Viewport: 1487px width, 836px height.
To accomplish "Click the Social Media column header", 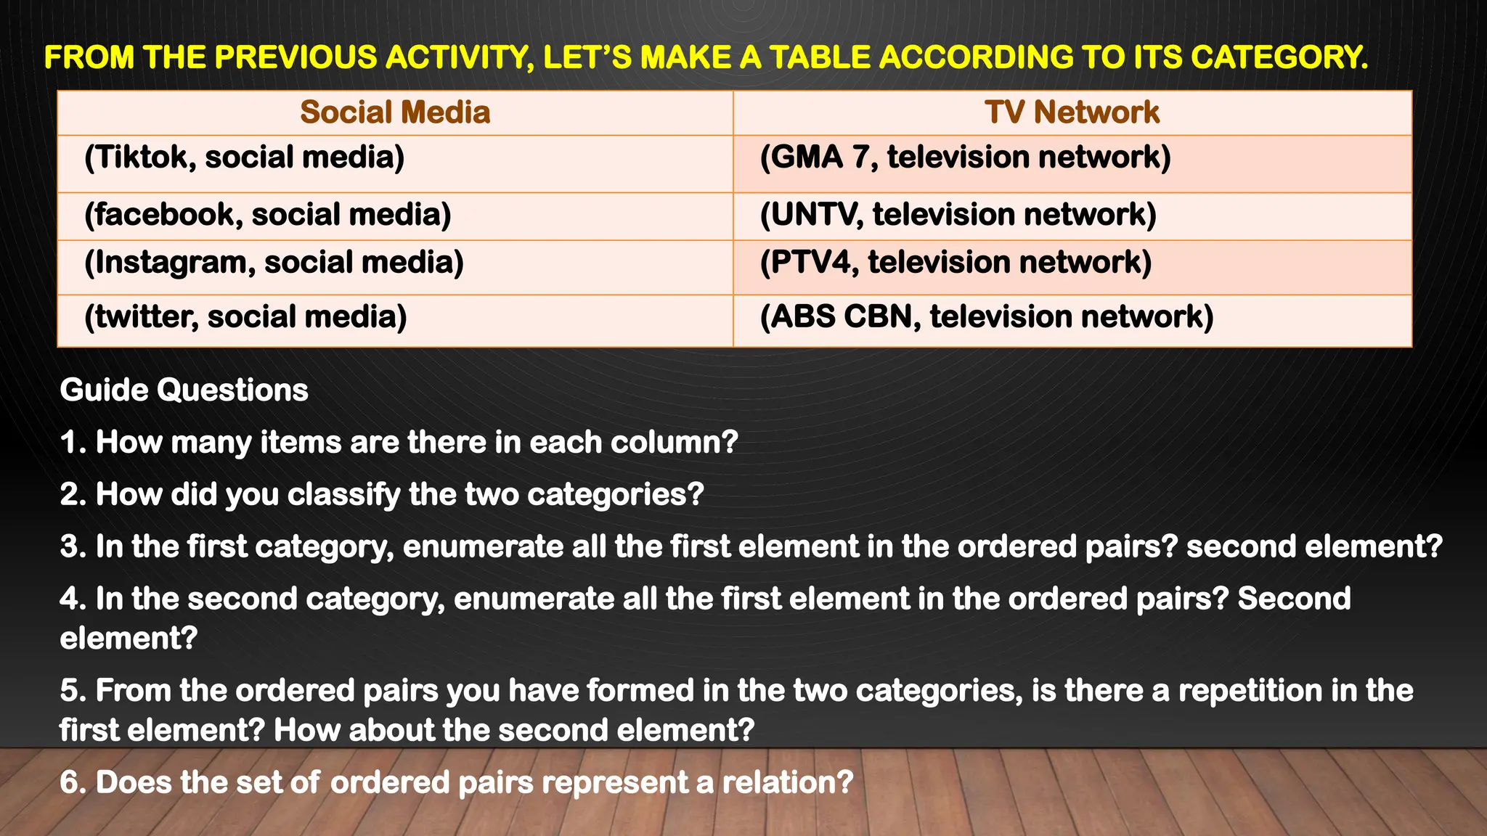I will tap(395, 112).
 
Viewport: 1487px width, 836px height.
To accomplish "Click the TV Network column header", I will tap(1072, 112).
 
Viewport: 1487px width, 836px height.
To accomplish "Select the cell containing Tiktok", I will tap(244, 157).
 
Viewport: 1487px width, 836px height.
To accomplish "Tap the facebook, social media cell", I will tap(267, 215).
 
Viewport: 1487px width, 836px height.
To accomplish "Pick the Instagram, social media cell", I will tap(274, 263).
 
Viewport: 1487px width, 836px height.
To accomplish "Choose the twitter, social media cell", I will tap(245, 317).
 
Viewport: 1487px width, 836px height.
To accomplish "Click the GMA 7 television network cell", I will tap(965, 157).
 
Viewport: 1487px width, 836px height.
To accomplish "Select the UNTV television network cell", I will tap(958, 215).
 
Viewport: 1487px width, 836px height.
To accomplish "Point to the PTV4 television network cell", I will tap(956, 263).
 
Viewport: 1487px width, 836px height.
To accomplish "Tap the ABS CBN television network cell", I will tap(986, 317).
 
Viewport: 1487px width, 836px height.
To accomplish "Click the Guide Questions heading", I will tap(184, 390).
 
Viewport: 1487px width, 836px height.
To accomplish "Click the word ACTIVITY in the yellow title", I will tap(457, 57).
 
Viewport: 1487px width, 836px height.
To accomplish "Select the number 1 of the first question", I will tap(70, 443).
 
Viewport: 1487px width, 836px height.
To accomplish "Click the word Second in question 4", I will tap(1294, 599).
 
